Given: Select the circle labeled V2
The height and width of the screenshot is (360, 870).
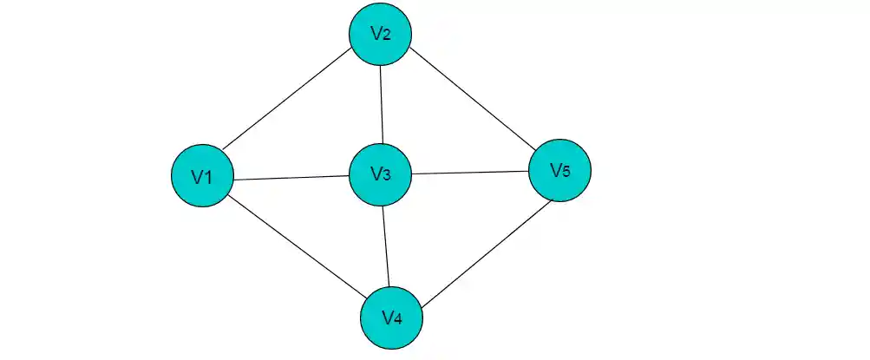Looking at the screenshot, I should pyautogui.click(x=380, y=35).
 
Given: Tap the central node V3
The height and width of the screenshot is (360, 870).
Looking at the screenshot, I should pyautogui.click(x=380, y=174).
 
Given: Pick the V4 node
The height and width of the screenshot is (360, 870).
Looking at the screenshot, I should pyautogui.click(x=391, y=317).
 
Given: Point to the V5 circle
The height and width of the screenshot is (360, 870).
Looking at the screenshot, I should pyautogui.click(x=559, y=170).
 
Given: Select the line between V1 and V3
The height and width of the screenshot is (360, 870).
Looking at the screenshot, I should pyautogui.click(x=291, y=178).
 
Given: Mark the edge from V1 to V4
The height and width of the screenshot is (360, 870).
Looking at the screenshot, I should pyautogui.click(x=295, y=246).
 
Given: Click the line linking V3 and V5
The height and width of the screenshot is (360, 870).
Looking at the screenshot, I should pyautogui.click(x=470, y=173).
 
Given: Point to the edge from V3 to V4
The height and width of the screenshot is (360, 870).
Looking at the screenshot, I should pyautogui.click(x=386, y=245).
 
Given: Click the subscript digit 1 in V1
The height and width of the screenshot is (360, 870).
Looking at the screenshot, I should pyautogui.click(x=209, y=178).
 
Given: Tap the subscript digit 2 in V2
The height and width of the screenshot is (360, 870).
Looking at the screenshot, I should pyautogui.click(x=387, y=36).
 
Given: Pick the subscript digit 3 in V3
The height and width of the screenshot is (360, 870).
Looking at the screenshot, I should pyautogui.click(x=387, y=176).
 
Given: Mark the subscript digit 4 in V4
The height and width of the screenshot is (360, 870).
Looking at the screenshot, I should pyautogui.click(x=398, y=318).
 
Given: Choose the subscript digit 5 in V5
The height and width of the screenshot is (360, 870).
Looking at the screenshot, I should pyautogui.click(x=566, y=172).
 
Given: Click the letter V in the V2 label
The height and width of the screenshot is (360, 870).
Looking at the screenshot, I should pyautogui.click(x=376, y=34).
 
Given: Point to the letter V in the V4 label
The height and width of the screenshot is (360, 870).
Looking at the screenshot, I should pyautogui.click(x=387, y=317).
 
